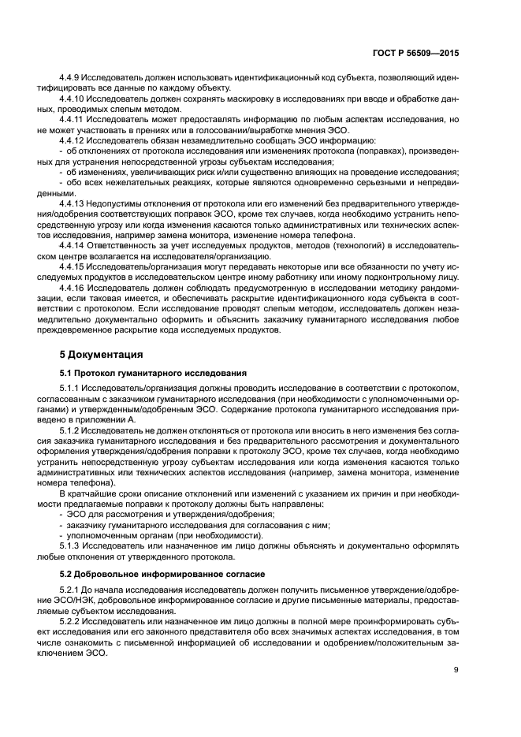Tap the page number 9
[456, 670]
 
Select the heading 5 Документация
[102, 354]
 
